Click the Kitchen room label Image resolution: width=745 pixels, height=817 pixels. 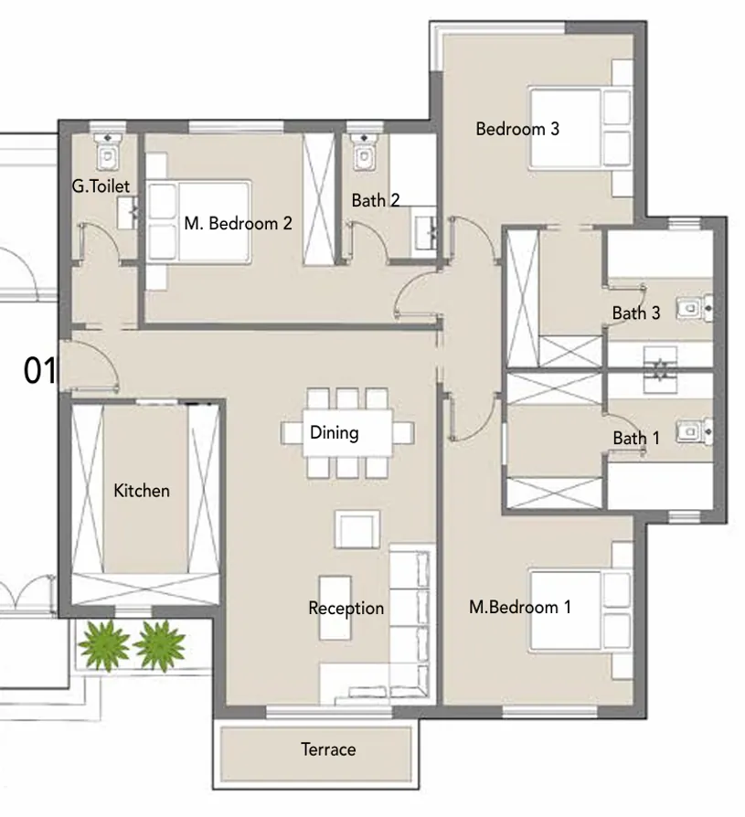pos(142,491)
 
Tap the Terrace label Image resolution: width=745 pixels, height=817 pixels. pos(328,750)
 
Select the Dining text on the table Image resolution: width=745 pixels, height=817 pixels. pos(334,432)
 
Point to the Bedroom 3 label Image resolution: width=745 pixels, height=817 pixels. pos(517,129)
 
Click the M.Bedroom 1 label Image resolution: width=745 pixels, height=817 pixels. pos(520,606)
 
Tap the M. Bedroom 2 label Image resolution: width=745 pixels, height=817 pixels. pos(238,222)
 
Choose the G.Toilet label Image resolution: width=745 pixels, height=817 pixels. pos(101,186)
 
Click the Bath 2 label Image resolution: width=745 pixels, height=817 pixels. pos(376,200)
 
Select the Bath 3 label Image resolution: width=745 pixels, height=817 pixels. pos(636,313)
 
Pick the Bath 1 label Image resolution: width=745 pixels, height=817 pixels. pos(636,439)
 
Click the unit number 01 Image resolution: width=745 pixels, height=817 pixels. pos(39,371)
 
